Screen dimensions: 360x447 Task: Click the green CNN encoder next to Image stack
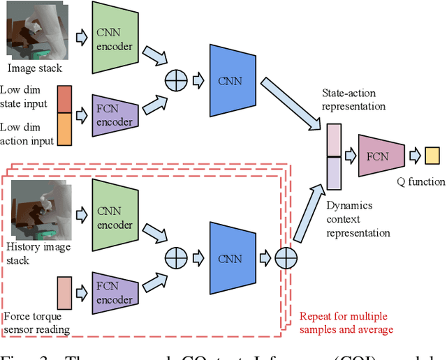[x=115, y=38]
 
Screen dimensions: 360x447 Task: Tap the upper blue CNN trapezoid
[x=230, y=81]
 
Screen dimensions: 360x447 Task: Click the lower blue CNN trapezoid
[x=230, y=259]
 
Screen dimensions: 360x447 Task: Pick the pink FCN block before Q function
[x=381, y=156]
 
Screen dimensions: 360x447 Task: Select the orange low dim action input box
[x=64, y=129]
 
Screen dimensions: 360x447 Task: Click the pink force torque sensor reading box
[x=64, y=292]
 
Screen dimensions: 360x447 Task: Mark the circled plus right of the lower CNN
[x=286, y=259]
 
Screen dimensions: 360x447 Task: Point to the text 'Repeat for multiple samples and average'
[x=346, y=322]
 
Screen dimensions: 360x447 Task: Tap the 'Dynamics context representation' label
[x=358, y=219]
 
